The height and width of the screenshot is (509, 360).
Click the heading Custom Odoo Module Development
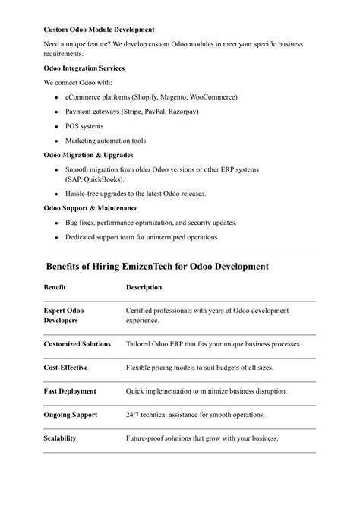point(99,30)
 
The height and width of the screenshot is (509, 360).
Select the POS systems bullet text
point(84,126)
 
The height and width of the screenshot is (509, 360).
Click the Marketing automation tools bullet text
point(106,141)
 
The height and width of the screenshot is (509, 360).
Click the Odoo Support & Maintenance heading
point(91,207)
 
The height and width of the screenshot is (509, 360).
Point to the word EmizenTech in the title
point(163,267)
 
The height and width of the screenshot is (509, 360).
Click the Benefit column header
point(55,287)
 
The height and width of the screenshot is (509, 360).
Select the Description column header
point(144,287)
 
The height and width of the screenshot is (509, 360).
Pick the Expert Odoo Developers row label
point(64,315)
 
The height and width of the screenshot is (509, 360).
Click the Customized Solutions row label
point(77,344)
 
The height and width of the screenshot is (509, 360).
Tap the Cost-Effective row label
point(66,368)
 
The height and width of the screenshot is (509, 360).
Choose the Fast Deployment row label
point(70,391)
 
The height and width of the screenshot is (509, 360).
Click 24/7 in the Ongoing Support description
point(134,415)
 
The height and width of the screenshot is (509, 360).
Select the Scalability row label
point(60,438)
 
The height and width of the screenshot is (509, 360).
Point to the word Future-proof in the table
point(146,438)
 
